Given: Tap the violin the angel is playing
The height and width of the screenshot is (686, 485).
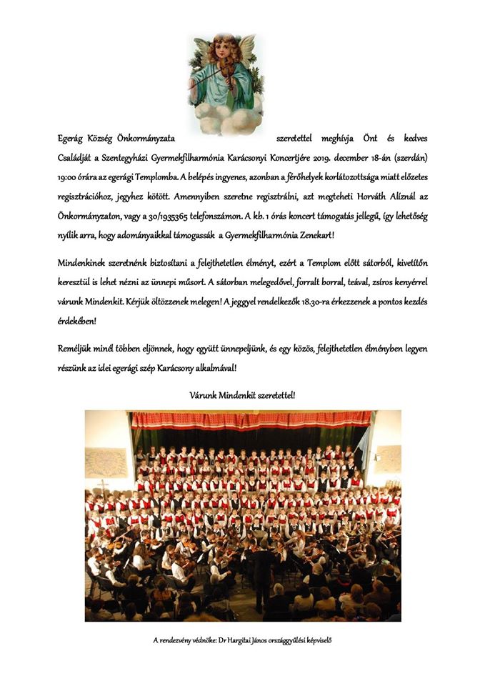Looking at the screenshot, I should (x=215, y=71).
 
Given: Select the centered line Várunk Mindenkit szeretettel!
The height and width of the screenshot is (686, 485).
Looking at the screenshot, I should (x=242, y=394).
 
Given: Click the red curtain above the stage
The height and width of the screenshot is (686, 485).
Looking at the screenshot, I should (x=250, y=419).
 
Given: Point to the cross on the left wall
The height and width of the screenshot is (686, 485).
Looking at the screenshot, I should (x=104, y=486).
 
